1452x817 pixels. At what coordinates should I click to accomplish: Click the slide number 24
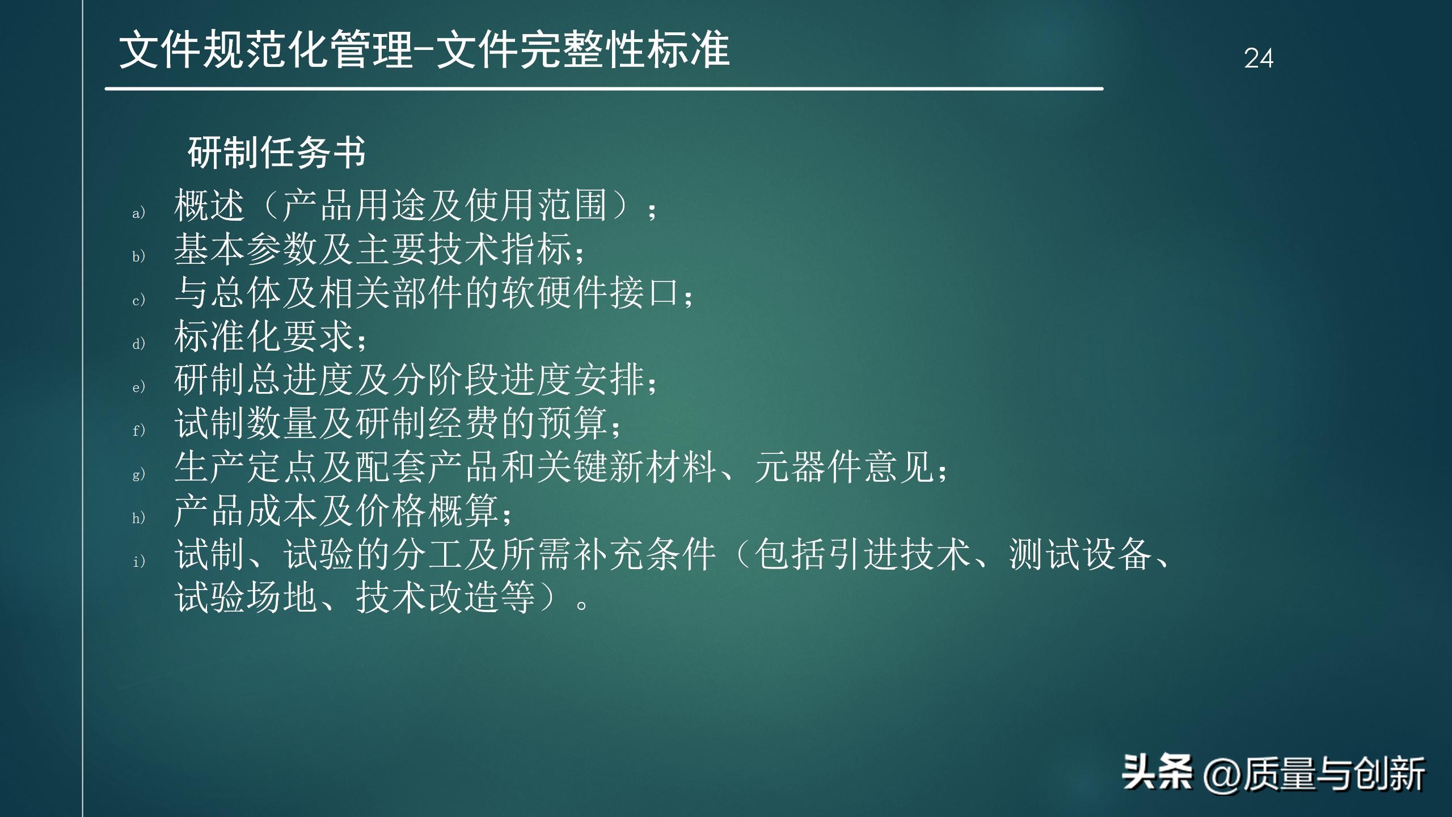[x=1259, y=58]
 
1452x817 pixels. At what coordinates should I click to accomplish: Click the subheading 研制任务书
[x=277, y=153]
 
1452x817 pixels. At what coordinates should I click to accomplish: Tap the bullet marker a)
[x=139, y=213]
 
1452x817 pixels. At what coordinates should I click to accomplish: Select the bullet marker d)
[x=139, y=343]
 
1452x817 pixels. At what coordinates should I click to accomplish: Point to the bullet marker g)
[x=139, y=474]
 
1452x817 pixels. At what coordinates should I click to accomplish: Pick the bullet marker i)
[x=139, y=561]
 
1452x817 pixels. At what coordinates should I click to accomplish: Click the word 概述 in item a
[x=209, y=205]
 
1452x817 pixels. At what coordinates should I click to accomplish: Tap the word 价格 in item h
[x=391, y=511]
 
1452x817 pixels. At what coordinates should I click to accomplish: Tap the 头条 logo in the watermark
[x=1157, y=772]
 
